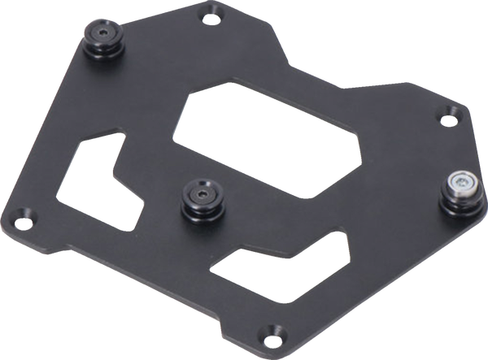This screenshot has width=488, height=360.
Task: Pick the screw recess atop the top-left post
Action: (x=104, y=31)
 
